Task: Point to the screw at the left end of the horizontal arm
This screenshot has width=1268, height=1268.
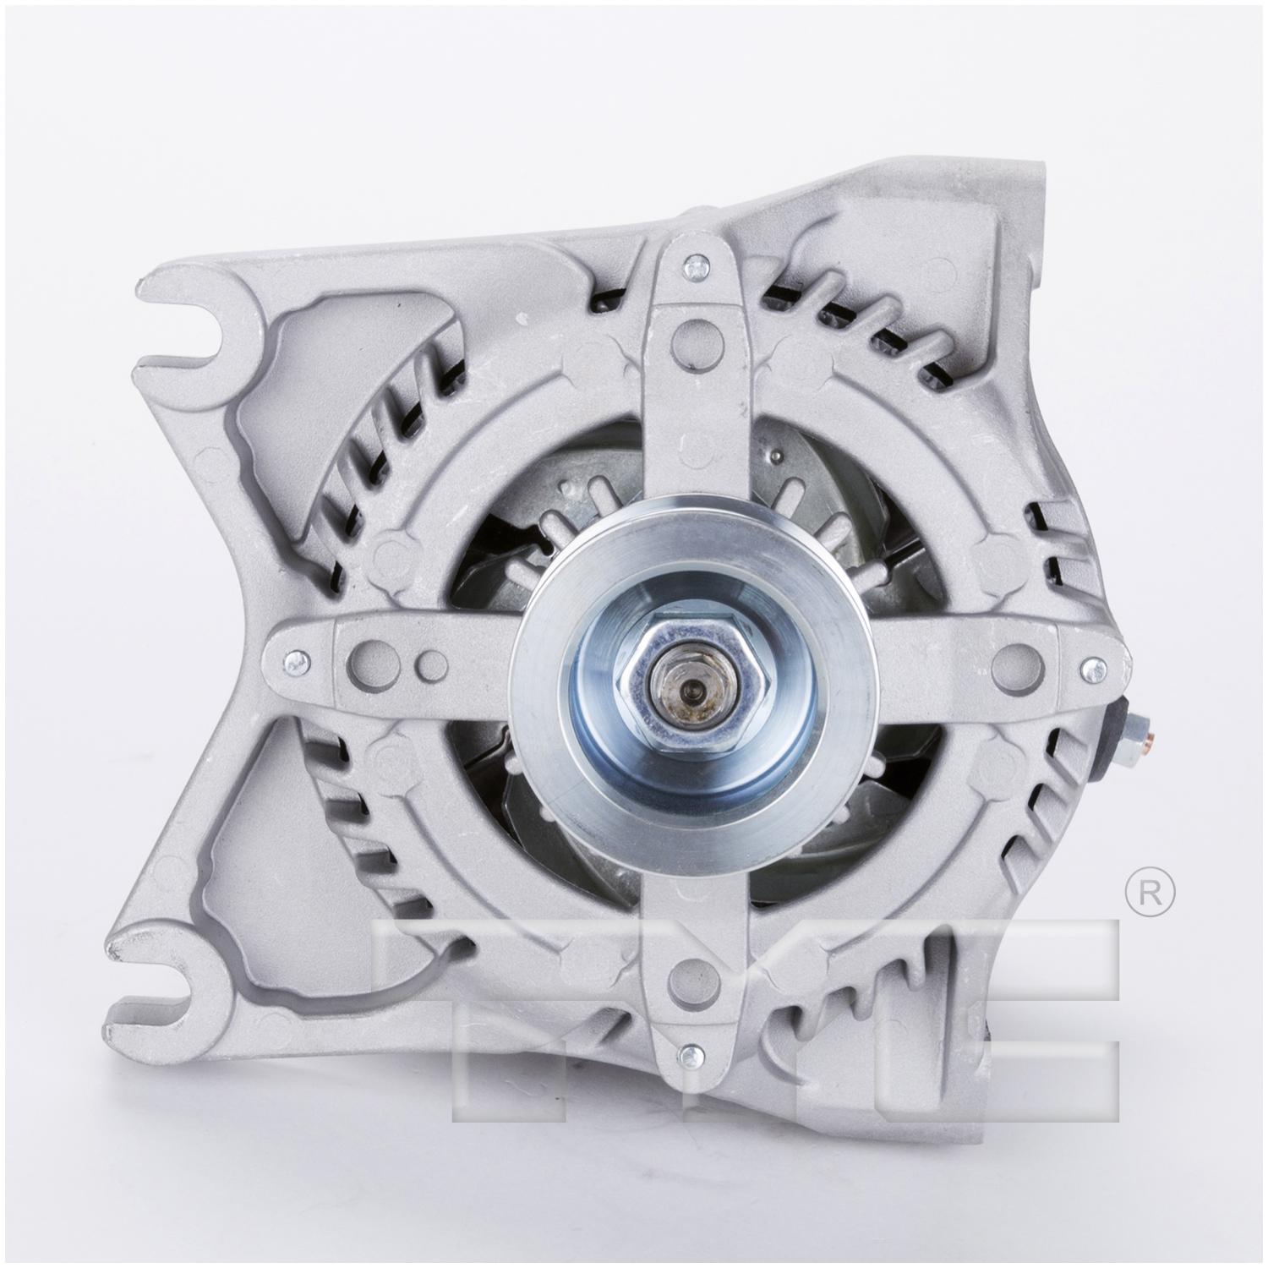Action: [x=293, y=661]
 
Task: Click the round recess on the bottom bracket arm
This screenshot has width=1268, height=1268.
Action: [x=686, y=976]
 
